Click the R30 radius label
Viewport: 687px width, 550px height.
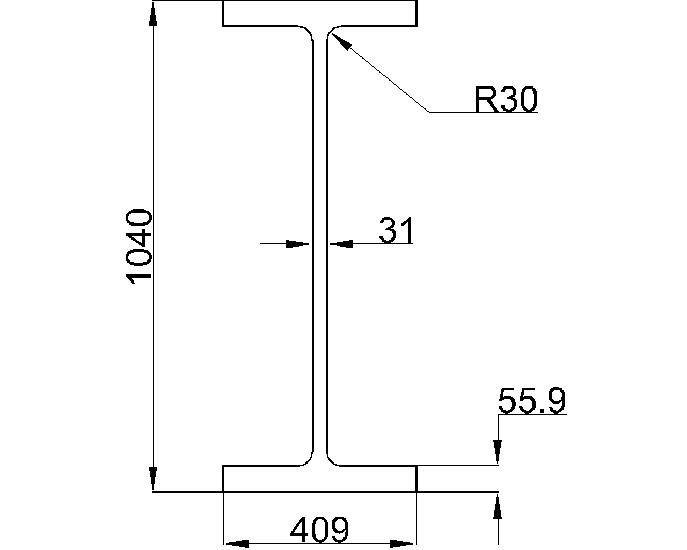point(506,99)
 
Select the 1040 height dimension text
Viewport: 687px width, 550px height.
point(139,247)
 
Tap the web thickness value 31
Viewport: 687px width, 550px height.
point(396,230)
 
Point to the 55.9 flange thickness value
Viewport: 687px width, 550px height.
point(532,401)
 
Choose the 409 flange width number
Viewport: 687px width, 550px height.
point(319,530)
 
